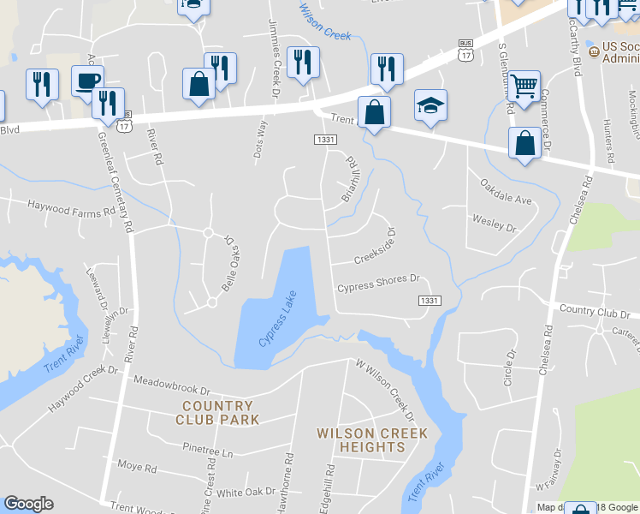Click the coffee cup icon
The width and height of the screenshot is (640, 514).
[x=87, y=81]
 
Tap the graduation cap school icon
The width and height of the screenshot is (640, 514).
[x=431, y=105]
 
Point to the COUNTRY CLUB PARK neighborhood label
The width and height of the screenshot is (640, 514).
[x=216, y=413]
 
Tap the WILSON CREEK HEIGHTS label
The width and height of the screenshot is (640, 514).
[x=360, y=440]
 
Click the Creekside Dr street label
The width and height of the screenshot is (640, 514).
[x=377, y=245]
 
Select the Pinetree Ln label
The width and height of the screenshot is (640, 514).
[x=207, y=448]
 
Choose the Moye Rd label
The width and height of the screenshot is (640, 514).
[x=137, y=468]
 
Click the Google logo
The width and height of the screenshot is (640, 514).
[x=28, y=504]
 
